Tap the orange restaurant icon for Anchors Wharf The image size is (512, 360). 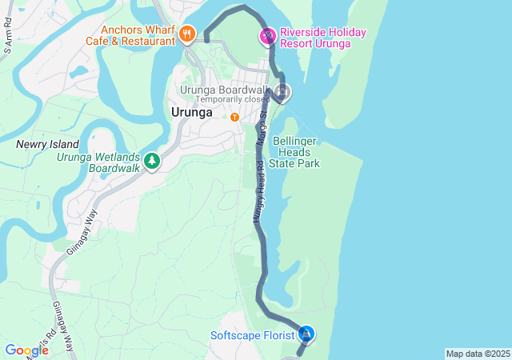click(187, 34)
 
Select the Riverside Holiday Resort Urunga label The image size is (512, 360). click(322, 38)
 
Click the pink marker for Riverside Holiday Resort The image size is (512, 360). click(267, 36)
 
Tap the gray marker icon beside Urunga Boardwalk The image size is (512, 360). click(282, 92)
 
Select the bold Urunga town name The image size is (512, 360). click(191, 113)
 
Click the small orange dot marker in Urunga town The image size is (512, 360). click(234, 117)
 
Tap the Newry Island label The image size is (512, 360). click(47, 144)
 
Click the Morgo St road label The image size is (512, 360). click(262, 129)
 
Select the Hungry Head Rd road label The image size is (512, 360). click(259, 187)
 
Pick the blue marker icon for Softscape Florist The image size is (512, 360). click(306, 334)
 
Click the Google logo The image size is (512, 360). click(26, 350)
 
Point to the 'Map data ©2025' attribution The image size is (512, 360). click(477, 354)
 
